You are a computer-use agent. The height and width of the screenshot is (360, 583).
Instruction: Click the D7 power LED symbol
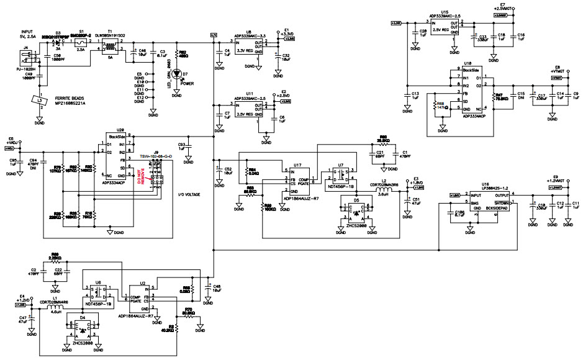click(177, 74)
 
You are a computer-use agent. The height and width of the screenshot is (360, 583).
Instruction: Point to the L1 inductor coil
click(56, 305)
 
